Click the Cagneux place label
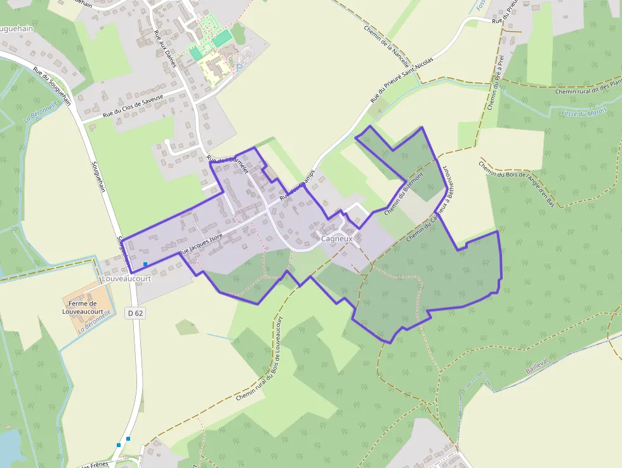(336, 239)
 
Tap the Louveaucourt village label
(126, 279)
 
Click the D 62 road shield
(135, 312)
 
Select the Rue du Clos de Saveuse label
(133, 107)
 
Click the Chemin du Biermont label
(403, 193)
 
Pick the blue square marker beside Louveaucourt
(145, 264)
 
